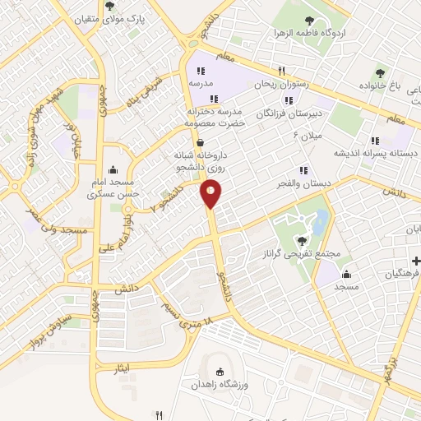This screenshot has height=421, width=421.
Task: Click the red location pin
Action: pyautogui.click(x=211, y=194)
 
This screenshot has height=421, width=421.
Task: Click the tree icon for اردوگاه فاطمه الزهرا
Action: pyautogui.click(x=308, y=21)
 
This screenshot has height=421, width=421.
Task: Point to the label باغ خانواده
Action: pyautogui.click(x=383, y=86)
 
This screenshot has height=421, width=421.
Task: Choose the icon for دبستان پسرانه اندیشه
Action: pyautogui.click(x=376, y=141)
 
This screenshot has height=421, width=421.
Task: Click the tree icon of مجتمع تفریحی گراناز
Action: pyautogui.click(x=303, y=241)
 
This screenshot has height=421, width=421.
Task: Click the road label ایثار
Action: pyautogui.click(x=123, y=369)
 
